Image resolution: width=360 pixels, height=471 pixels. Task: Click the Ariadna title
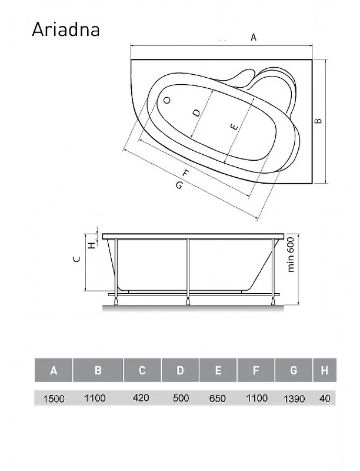(66, 29)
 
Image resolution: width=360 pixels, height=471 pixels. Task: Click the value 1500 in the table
(54, 399)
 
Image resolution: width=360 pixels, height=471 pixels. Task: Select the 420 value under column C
(141, 398)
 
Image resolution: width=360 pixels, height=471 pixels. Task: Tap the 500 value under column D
(181, 398)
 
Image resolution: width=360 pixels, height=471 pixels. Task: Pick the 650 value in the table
(218, 399)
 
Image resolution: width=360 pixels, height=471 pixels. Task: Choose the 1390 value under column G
(294, 399)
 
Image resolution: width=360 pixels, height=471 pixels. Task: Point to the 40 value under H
(325, 399)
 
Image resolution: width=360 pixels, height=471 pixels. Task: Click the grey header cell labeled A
(54, 370)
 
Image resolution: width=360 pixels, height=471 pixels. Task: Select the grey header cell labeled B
(98, 370)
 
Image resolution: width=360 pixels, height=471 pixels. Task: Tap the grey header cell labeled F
(256, 370)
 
